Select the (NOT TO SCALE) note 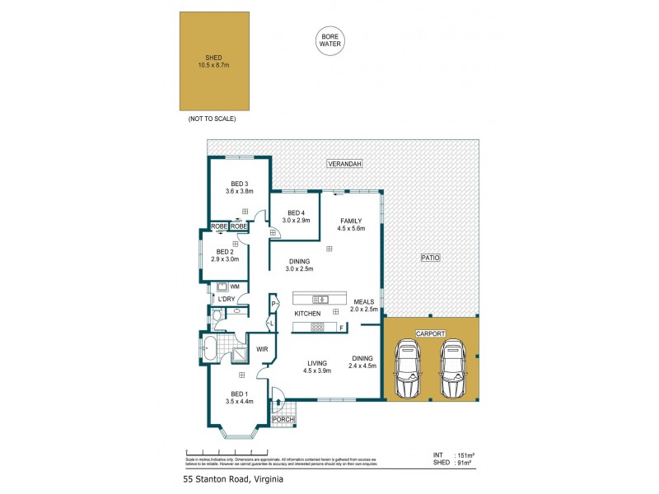pos(212,119)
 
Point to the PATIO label pos(430,258)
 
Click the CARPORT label pos(430,333)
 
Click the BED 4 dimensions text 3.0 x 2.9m pos(296,221)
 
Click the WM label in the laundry pos(235,286)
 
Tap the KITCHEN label pos(307,315)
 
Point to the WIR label pos(264,349)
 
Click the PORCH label pos(283,420)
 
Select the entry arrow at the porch pos(278,403)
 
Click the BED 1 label pos(239,394)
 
